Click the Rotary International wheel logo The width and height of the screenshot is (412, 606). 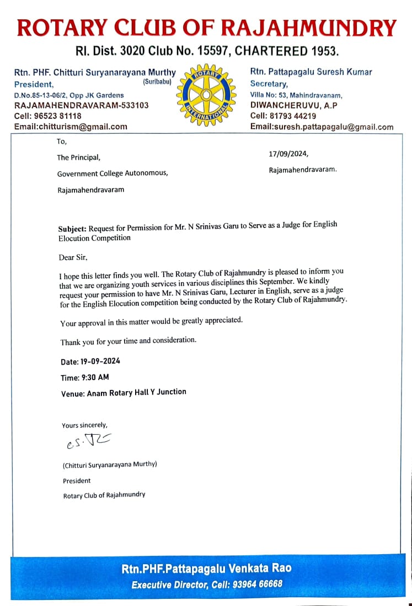(x=206, y=94)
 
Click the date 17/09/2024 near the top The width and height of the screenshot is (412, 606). (x=288, y=154)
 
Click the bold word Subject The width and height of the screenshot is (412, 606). (x=72, y=228)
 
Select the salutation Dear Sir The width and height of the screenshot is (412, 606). (x=73, y=257)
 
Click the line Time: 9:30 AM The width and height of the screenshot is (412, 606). (x=84, y=377)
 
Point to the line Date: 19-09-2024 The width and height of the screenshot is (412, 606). (x=90, y=362)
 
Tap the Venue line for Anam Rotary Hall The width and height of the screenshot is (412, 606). (x=124, y=392)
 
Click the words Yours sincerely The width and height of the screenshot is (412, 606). (x=84, y=425)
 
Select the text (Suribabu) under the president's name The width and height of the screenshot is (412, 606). (x=157, y=82)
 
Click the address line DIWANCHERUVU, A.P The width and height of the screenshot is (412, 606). (x=293, y=105)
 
